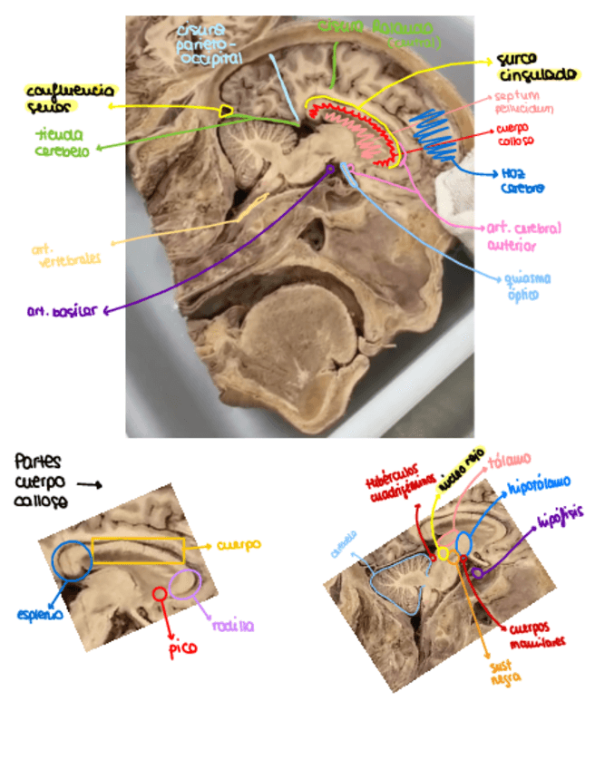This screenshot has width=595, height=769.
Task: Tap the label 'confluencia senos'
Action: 70,99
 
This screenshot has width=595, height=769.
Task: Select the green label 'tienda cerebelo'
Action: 63,143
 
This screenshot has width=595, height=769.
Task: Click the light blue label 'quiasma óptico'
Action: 527,287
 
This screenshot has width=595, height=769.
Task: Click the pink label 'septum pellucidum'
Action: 522,102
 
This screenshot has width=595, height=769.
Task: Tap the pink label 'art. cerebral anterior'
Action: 524,237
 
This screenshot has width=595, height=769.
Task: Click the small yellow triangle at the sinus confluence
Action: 227,111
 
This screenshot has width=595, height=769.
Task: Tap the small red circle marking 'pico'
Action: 160,593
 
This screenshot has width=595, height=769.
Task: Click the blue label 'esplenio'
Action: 40,614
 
